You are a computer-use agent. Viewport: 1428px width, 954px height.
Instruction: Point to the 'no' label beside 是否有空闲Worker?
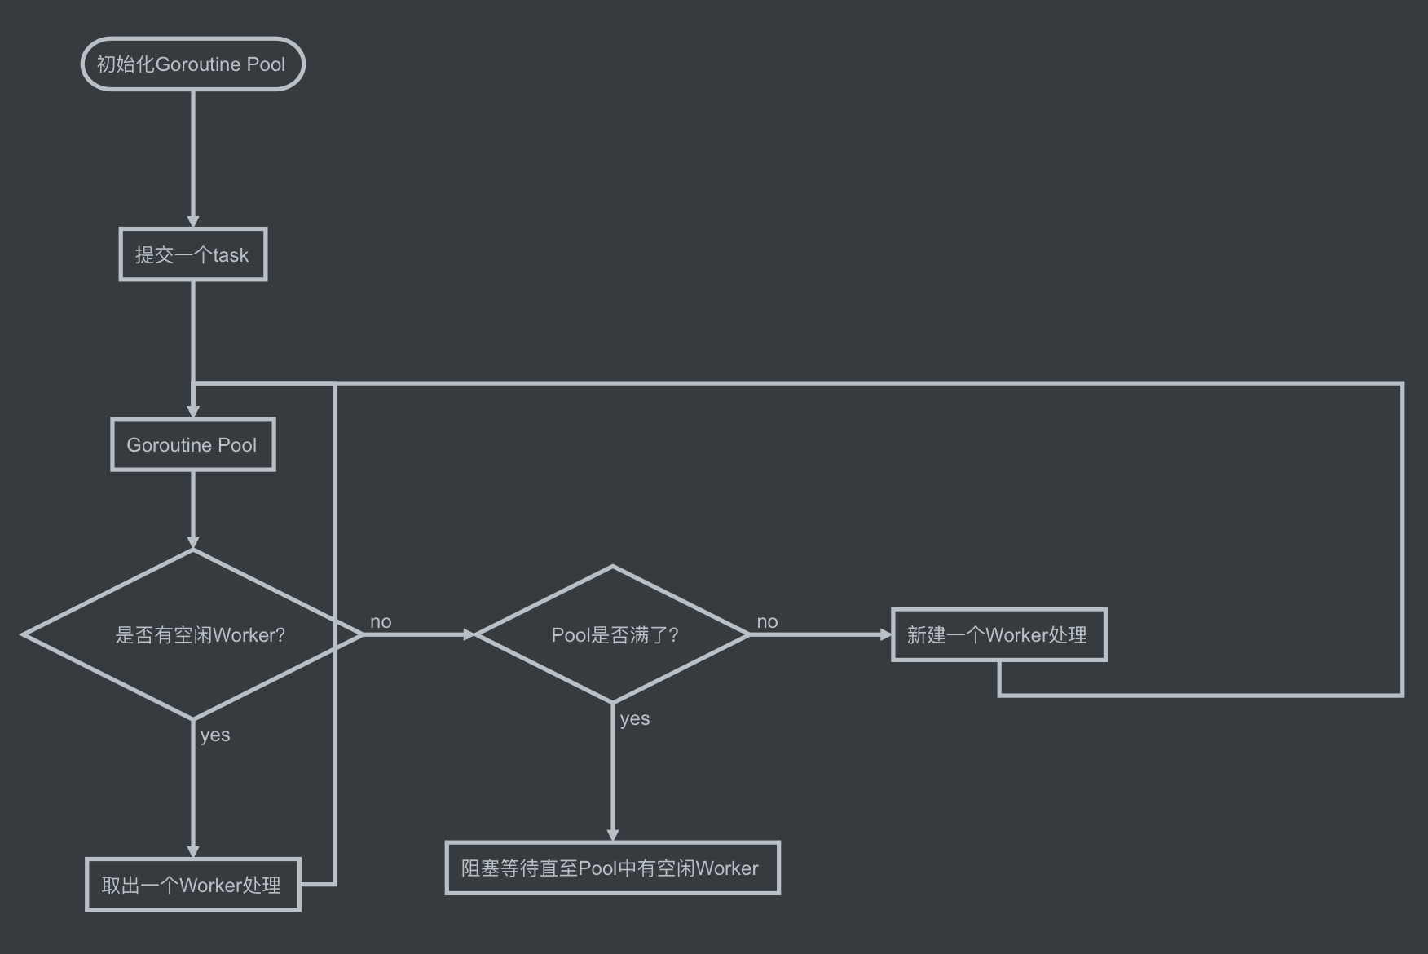click(x=381, y=621)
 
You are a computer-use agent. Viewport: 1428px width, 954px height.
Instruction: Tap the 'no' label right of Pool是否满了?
click(x=767, y=621)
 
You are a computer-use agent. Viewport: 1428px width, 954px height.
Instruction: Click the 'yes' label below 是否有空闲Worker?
click(x=215, y=735)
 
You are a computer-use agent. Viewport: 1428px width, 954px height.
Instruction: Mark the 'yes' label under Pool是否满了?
click(x=635, y=719)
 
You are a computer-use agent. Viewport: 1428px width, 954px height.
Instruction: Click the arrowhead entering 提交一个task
click(x=193, y=222)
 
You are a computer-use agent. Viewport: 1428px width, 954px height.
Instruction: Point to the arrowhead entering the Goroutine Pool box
click(x=193, y=412)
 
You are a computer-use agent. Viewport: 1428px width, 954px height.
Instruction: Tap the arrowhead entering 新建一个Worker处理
click(x=886, y=634)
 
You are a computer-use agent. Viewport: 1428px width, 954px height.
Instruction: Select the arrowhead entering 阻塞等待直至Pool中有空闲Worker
click(x=613, y=835)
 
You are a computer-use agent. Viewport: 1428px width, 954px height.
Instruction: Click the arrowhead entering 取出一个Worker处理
click(x=193, y=852)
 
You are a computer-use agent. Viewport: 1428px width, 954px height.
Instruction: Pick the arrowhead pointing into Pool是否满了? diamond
click(x=469, y=634)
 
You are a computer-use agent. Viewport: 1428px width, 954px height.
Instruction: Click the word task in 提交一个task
click(x=231, y=255)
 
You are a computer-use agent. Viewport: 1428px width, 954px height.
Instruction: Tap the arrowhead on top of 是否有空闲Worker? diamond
click(x=193, y=543)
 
